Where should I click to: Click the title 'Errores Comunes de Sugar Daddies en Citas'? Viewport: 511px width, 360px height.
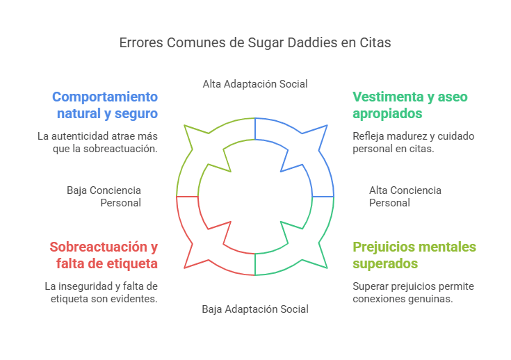[255, 42]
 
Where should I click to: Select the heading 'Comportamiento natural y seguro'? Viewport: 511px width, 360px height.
[105, 104]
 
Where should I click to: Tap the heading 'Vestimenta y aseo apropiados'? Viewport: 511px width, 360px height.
[409, 104]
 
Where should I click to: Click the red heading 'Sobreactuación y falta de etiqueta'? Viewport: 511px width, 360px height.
[104, 255]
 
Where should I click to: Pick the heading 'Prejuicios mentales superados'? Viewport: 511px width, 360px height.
[414, 255]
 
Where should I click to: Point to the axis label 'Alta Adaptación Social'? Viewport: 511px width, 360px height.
[255, 83]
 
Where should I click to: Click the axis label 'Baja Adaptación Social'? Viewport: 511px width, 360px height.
[255, 309]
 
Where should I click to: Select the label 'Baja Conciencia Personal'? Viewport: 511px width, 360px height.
[104, 197]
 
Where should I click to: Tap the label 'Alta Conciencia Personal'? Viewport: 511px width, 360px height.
[405, 197]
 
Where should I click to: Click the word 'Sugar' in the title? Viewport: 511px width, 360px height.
[266, 42]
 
